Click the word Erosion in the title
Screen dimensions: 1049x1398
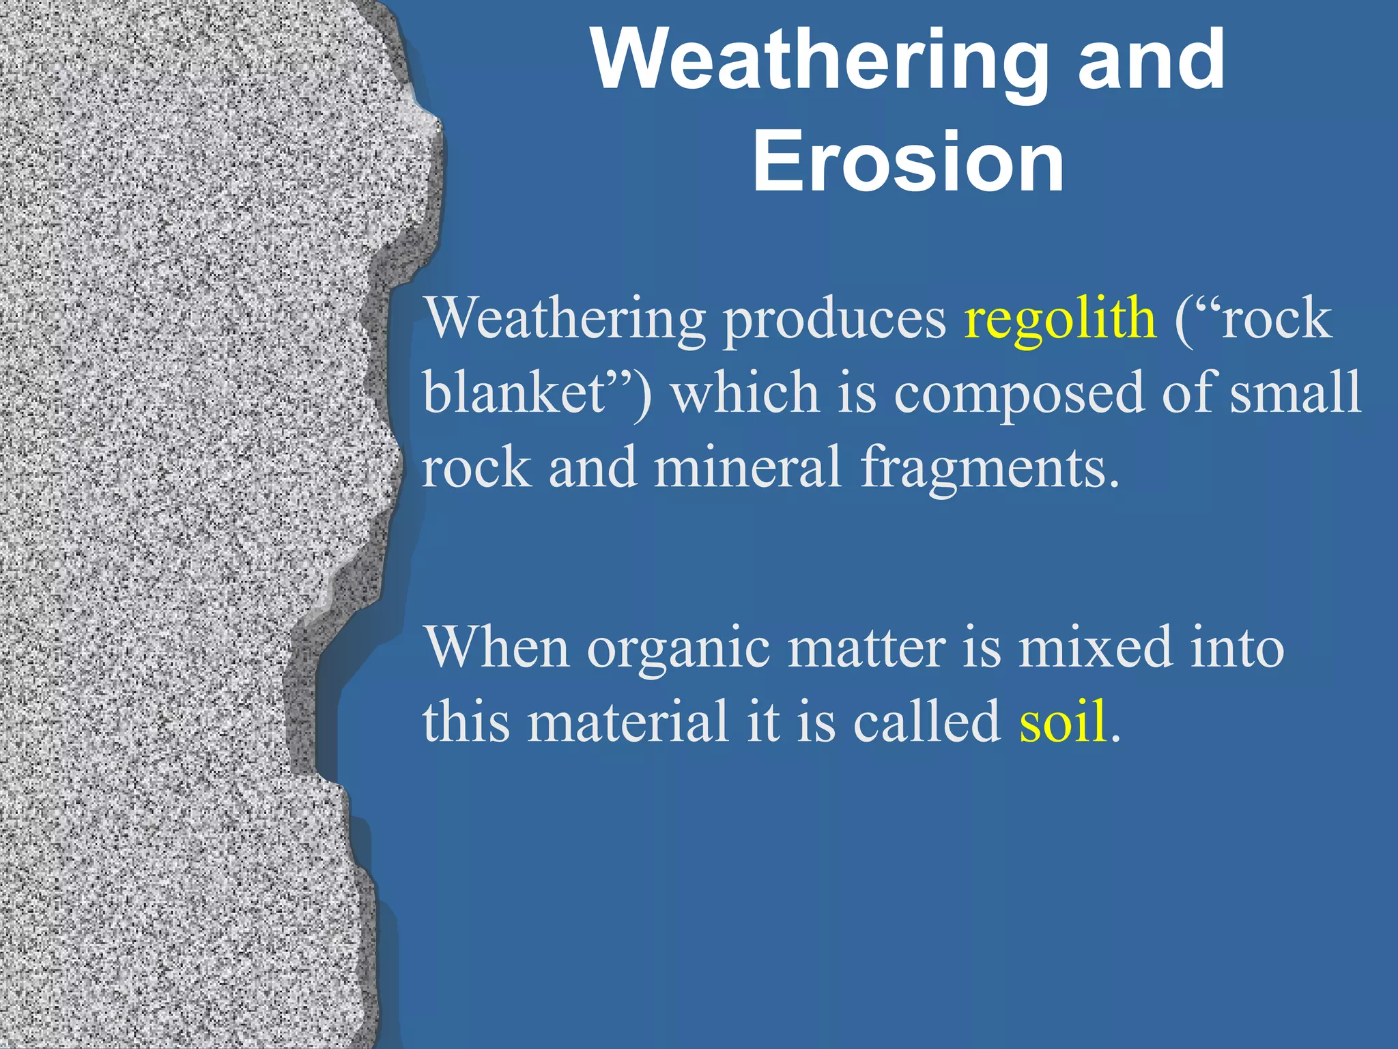coord(908,163)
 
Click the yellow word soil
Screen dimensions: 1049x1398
coord(1062,723)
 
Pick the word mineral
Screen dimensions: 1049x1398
coord(747,468)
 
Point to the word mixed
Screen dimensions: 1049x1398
coord(1095,647)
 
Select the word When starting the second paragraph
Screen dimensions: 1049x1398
coord(496,647)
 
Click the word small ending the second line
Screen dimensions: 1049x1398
coord(1295,393)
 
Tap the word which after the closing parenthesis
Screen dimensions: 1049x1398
coord(744,393)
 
